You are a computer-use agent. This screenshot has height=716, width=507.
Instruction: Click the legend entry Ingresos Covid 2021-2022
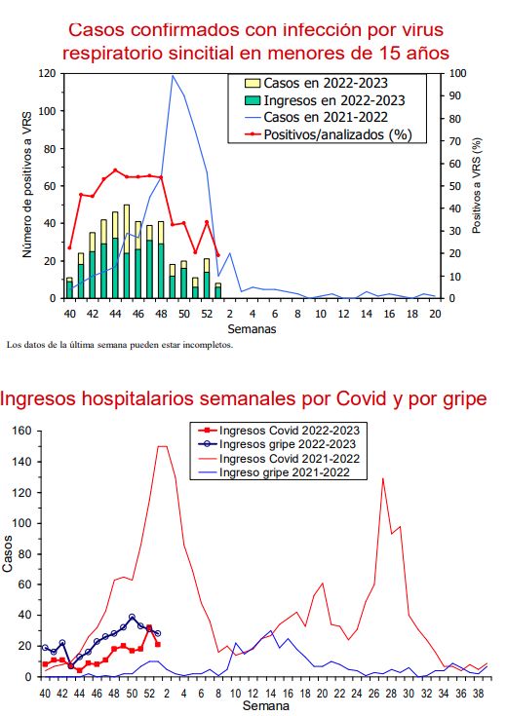tap(290, 458)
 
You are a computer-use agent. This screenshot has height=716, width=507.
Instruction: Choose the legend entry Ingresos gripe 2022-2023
tap(290, 443)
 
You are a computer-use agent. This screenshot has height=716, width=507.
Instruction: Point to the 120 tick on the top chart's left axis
tap(45, 73)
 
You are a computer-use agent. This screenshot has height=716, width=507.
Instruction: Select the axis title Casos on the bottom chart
tap(9, 553)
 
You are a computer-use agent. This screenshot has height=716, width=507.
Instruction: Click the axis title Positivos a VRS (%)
tap(477, 185)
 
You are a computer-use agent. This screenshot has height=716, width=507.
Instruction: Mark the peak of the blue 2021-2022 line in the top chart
tap(174, 75)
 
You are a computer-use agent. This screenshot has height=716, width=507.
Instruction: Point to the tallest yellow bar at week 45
tap(127, 207)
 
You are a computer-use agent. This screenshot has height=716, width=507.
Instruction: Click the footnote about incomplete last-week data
tap(119, 344)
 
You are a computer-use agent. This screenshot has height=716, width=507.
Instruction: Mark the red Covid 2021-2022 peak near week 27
tap(383, 478)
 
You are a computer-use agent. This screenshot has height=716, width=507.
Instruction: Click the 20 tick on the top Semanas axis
tap(435, 314)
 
